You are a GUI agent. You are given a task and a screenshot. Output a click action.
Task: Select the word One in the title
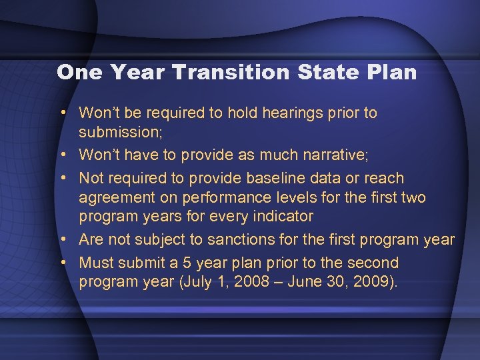point(79,72)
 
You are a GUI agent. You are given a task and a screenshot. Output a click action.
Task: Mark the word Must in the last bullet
point(97,263)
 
